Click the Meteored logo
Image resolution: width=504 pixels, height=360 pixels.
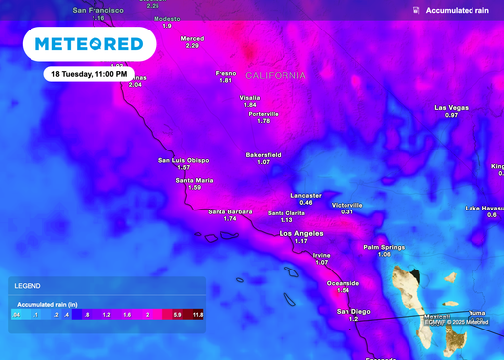click(x=90, y=44)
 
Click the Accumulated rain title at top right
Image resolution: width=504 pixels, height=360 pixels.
click(x=458, y=10)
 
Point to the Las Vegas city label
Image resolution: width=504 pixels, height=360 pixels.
click(x=451, y=107)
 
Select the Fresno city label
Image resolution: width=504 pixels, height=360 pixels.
click(x=226, y=73)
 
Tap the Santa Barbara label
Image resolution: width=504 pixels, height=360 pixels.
click(x=229, y=211)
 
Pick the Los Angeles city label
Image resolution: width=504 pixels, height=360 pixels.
click(x=301, y=234)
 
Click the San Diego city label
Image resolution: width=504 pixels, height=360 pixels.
click(x=354, y=311)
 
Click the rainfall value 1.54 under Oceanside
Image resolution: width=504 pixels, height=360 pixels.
click(x=344, y=291)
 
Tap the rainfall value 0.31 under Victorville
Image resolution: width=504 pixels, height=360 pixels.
click(x=346, y=212)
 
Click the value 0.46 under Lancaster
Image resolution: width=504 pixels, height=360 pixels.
click(x=306, y=203)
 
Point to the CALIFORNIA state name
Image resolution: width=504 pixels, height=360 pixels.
click(x=276, y=76)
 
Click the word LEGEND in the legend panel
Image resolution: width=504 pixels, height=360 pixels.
click(x=27, y=286)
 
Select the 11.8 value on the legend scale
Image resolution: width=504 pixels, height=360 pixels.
click(x=197, y=315)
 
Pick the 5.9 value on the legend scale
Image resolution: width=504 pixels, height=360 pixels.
click(x=177, y=315)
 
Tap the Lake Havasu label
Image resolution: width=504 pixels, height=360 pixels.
click(x=485, y=208)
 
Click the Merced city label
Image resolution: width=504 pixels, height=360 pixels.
click(x=192, y=38)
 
